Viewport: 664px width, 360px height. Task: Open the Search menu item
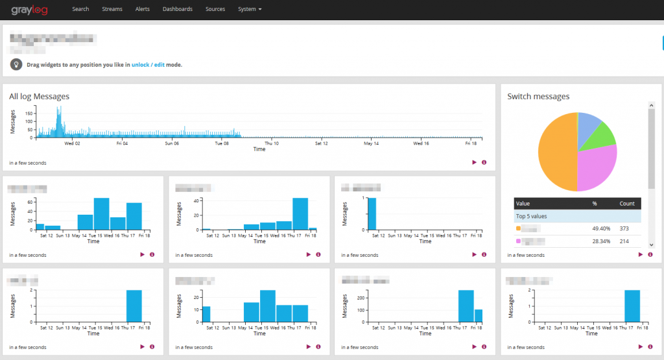pyautogui.click(x=80, y=9)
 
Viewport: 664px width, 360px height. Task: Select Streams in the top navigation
pyautogui.click(x=112, y=9)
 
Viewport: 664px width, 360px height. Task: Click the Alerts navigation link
pyautogui.click(x=142, y=9)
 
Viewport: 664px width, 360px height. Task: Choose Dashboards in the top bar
pyautogui.click(x=177, y=9)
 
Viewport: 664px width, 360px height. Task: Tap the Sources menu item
pyautogui.click(x=215, y=9)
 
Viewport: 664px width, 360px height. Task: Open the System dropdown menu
pyautogui.click(x=250, y=9)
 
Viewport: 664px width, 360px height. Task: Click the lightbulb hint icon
pyautogui.click(x=16, y=64)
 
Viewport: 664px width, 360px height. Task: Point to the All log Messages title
pyautogui.click(x=39, y=97)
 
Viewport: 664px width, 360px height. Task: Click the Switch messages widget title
pyautogui.click(x=538, y=97)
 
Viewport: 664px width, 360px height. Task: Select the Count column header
pyautogui.click(x=626, y=204)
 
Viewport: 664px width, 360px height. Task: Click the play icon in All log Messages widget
pyautogui.click(x=474, y=163)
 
